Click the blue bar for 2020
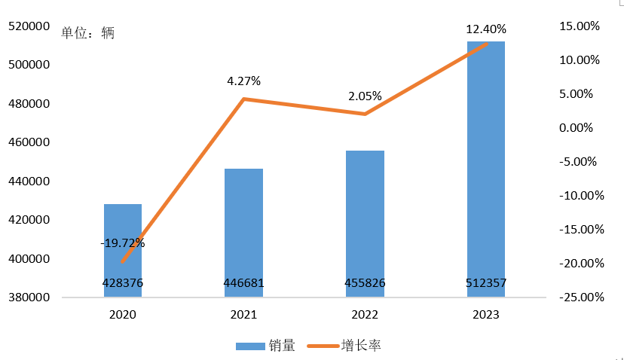[123, 251]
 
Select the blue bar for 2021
[243, 233]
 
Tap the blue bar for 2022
[365, 224]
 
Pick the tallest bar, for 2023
[486, 169]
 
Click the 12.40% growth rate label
[486, 29]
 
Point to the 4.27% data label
[243, 81]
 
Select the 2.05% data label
[365, 96]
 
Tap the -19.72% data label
[123, 243]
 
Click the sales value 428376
[123, 283]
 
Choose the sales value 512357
[486, 283]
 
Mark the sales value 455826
[365, 283]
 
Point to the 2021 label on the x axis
[243, 315]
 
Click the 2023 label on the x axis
[486, 315]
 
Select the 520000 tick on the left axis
[29, 26]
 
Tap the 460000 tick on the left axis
[29, 142]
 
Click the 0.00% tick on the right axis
[576, 128]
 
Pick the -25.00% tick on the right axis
[581, 297]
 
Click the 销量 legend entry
[265, 345]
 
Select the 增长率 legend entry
[344, 345]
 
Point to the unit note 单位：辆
[87, 32]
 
